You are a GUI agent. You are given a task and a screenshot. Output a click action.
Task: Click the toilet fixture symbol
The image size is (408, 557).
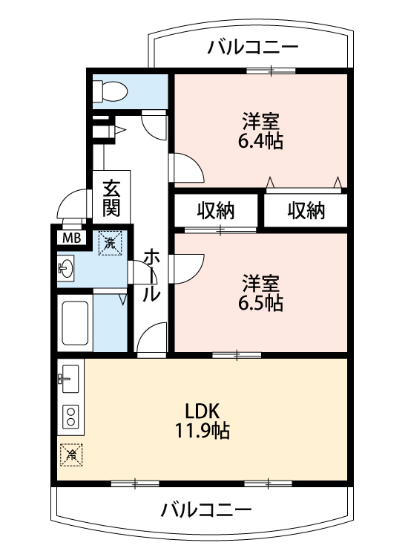click(110, 91)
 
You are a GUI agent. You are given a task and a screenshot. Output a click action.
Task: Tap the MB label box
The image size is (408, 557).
click(72, 238)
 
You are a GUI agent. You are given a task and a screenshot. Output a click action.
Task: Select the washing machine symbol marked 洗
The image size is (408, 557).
click(110, 243)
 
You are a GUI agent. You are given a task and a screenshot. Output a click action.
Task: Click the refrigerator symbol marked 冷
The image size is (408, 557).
click(71, 455)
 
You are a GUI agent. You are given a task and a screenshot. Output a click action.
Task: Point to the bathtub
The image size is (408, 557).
click(75, 322)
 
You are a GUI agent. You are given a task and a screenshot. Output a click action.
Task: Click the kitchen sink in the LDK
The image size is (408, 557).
click(70, 379)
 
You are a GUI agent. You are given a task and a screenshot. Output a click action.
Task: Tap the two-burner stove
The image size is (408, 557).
click(70, 417)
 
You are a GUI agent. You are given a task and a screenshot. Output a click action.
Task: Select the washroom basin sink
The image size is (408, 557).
click(66, 267)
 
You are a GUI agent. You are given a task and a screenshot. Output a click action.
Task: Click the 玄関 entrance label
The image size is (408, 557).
click(111, 198)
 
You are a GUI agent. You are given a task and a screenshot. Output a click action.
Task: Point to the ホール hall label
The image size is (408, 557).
click(151, 274)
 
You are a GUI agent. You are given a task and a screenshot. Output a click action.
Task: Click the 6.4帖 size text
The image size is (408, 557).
click(261, 141)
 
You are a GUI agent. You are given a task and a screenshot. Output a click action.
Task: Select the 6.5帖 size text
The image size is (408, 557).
click(261, 303)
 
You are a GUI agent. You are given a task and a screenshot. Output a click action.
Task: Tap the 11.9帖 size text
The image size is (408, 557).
click(203, 431)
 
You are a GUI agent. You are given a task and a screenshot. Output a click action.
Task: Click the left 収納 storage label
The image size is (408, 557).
click(216, 210)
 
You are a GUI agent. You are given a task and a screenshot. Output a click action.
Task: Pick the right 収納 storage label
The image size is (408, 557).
click(306, 210)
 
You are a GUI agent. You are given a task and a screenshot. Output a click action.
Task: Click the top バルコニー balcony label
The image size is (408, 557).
click(253, 48)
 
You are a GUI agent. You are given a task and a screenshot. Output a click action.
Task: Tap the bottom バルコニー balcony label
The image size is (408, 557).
click(206, 509)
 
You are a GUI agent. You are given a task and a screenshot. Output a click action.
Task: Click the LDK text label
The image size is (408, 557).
click(203, 411)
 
